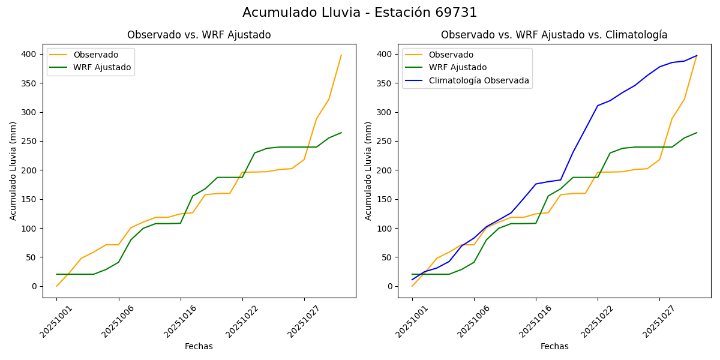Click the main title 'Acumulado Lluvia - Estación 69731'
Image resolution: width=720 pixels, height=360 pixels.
pyautogui.click(x=360, y=13)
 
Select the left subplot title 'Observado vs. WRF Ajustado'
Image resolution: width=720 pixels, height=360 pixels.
pyautogui.click(x=199, y=35)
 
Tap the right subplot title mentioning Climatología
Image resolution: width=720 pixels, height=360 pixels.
pyautogui.click(x=554, y=35)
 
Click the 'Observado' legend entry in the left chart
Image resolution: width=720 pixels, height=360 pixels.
pyautogui.click(x=95, y=55)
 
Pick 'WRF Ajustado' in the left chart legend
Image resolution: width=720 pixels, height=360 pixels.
pyautogui.click(x=102, y=67)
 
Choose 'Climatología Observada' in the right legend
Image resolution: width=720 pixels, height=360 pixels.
pyautogui.click(x=478, y=80)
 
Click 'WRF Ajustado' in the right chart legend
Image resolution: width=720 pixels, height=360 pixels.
pyautogui.click(x=457, y=68)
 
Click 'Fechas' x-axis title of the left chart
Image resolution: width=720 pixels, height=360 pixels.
pyautogui.click(x=199, y=346)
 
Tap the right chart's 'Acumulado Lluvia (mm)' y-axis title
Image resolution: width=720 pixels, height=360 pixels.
pyautogui.click(x=368, y=170)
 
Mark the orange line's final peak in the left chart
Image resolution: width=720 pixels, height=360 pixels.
pyautogui.click(x=341, y=55)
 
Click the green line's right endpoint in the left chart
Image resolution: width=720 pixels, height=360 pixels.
pyautogui.click(x=341, y=133)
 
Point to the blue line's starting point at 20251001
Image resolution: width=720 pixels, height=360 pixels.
pyautogui.click(x=412, y=280)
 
